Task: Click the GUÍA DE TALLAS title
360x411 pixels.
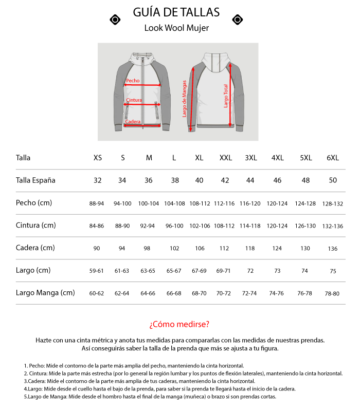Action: pyautogui.click(x=176, y=12)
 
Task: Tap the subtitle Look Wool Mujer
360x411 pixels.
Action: pyautogui.click(x=176, y=28)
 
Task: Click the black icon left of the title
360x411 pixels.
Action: pyautogui.click(x=116, y=20)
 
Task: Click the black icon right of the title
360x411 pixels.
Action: pyautogui.click(x=237, y=20)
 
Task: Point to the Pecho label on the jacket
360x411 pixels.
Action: pyautogui.click(x=133, y=81)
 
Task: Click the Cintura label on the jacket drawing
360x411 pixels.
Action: pyautogui.click(x=134, y=100)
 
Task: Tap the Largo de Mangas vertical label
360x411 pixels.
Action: pyautogui.click(x=185, y=99)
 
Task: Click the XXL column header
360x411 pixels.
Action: pyautogui.click(x=225, y=158)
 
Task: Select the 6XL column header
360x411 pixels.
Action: pyautogui.click(x=333, y=158)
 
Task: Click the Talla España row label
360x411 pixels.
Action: pyautogui.click(x=35, y=180)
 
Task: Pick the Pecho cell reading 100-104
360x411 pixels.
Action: pyautogui.click(x=149, y=203)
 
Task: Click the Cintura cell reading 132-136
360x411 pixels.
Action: pyautogui.click(x=332, y=226)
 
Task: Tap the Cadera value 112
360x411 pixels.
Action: pyautogui.click(x=225, y=249)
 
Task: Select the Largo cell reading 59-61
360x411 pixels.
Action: pyautogui.click(x=97, y=271)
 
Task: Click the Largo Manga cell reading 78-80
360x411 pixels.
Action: pyautogui.click(x=332, y=293)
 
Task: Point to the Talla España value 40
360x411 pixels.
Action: pyautogui.click(x=199, y=180)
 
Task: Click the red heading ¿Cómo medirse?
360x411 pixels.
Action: pyautogui.click(x=179, y=324)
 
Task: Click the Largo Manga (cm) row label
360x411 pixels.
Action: pyautogui.click(x=45, y=293)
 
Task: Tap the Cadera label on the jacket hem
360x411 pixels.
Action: pyautogui.click(x=133, y=121)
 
